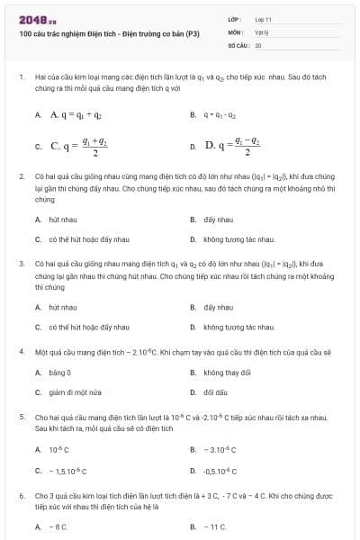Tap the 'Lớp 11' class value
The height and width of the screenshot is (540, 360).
[263, 19]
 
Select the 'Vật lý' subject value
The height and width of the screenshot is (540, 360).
[261, 31]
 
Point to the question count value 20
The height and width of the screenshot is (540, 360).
[258, 44]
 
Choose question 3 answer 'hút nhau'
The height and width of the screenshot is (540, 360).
[62, 307]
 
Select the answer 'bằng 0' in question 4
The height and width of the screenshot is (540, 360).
[59, 372]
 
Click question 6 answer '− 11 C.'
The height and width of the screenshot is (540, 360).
[215, 527]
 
